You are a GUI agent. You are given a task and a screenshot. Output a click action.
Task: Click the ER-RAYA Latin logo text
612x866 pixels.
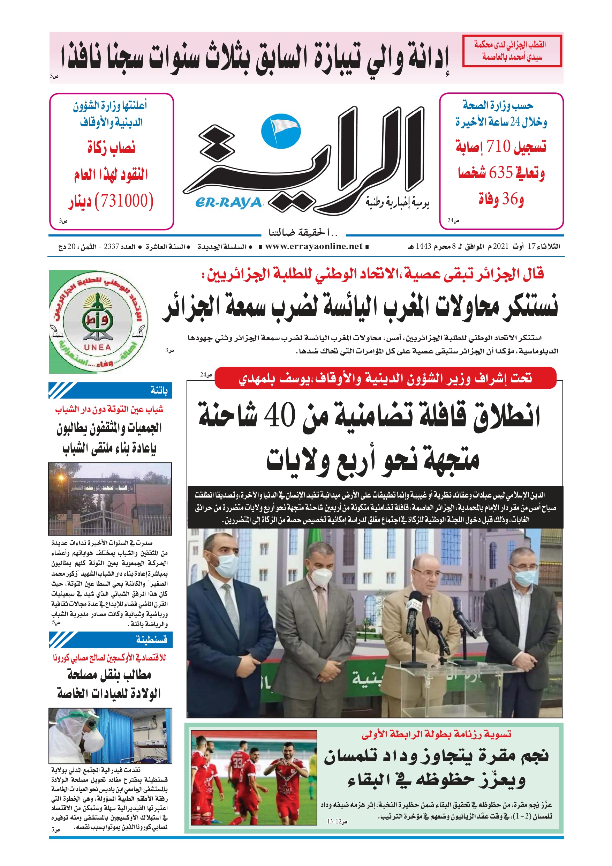point(228,203)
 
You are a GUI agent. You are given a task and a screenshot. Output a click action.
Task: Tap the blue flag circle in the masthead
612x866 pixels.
point(281,131)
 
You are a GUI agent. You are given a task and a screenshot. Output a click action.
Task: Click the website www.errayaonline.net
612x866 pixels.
point(314,247)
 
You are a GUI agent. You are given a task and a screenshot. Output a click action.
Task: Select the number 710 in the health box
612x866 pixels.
point(499,146)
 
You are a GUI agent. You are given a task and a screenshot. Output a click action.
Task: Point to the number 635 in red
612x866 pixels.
point(501,173)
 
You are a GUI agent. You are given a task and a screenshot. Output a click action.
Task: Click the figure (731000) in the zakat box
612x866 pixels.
point(124,200)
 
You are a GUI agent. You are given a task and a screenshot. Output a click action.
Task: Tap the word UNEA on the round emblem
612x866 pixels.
point(97,347)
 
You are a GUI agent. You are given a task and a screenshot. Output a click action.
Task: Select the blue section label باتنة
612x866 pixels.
point(159,390)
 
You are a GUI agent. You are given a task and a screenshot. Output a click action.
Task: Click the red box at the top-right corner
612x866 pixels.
point(512,51)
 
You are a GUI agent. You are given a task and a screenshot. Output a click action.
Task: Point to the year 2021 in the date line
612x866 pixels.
point(501,247)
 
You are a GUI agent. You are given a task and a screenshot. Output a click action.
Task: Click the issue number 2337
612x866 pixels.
point(112,247)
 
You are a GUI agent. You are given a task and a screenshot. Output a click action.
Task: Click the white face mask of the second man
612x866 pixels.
point(320,577)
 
